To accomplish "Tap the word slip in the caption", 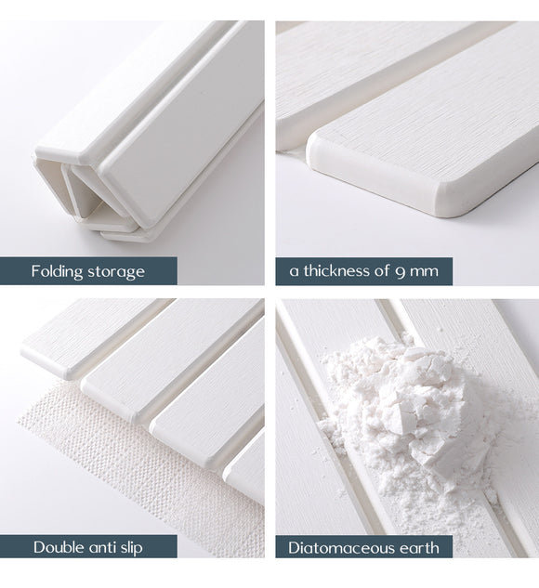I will point(130,547).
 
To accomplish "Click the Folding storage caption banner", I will point(88,271).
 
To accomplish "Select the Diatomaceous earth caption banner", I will point(364,547).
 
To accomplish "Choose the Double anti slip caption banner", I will point(88,547).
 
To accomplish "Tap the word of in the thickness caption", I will point(390,271).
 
